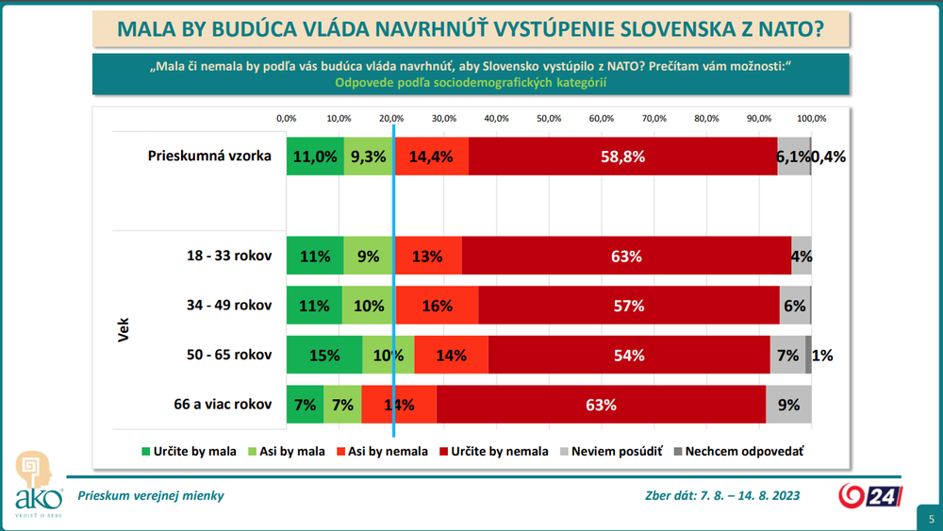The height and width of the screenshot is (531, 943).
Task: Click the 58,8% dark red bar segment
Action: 622,158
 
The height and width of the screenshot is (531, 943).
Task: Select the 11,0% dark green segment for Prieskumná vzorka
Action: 315,158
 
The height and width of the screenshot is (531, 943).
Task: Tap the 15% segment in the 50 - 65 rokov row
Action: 324,356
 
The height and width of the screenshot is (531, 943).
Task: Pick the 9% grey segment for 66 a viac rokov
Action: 788,406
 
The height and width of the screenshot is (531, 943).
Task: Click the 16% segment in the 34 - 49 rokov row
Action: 437,306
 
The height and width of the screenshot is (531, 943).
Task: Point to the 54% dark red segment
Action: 629,356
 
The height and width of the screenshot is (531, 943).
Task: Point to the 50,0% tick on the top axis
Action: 549,119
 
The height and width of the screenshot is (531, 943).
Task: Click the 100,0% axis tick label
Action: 811,119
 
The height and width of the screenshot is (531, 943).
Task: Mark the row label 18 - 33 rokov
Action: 230,256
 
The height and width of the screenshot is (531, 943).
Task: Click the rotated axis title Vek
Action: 124,330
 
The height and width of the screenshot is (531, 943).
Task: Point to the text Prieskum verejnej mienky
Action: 151,496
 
